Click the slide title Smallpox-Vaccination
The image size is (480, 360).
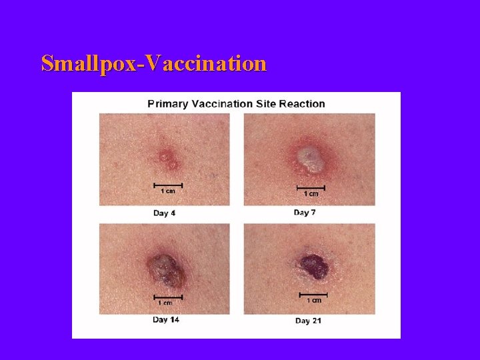(x=153, y=63)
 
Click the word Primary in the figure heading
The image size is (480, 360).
(x=167, y=103)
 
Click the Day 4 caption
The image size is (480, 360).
(x=164, y=213)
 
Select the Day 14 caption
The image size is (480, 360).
(x=165, y=319)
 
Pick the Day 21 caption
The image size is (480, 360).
(x=308, y=321)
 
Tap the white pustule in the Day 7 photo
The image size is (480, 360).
(x=309, y=157)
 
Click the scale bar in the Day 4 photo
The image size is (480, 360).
(x=168, y=183)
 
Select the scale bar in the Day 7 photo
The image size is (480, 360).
(x=311, y=187)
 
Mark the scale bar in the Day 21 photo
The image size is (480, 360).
(x=313, y=293)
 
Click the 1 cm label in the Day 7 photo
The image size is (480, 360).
(x=311, y=194)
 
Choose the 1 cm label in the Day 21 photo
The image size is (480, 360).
(x=313, y=300)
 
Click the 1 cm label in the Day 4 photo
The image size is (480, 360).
(x=168, y=191)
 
